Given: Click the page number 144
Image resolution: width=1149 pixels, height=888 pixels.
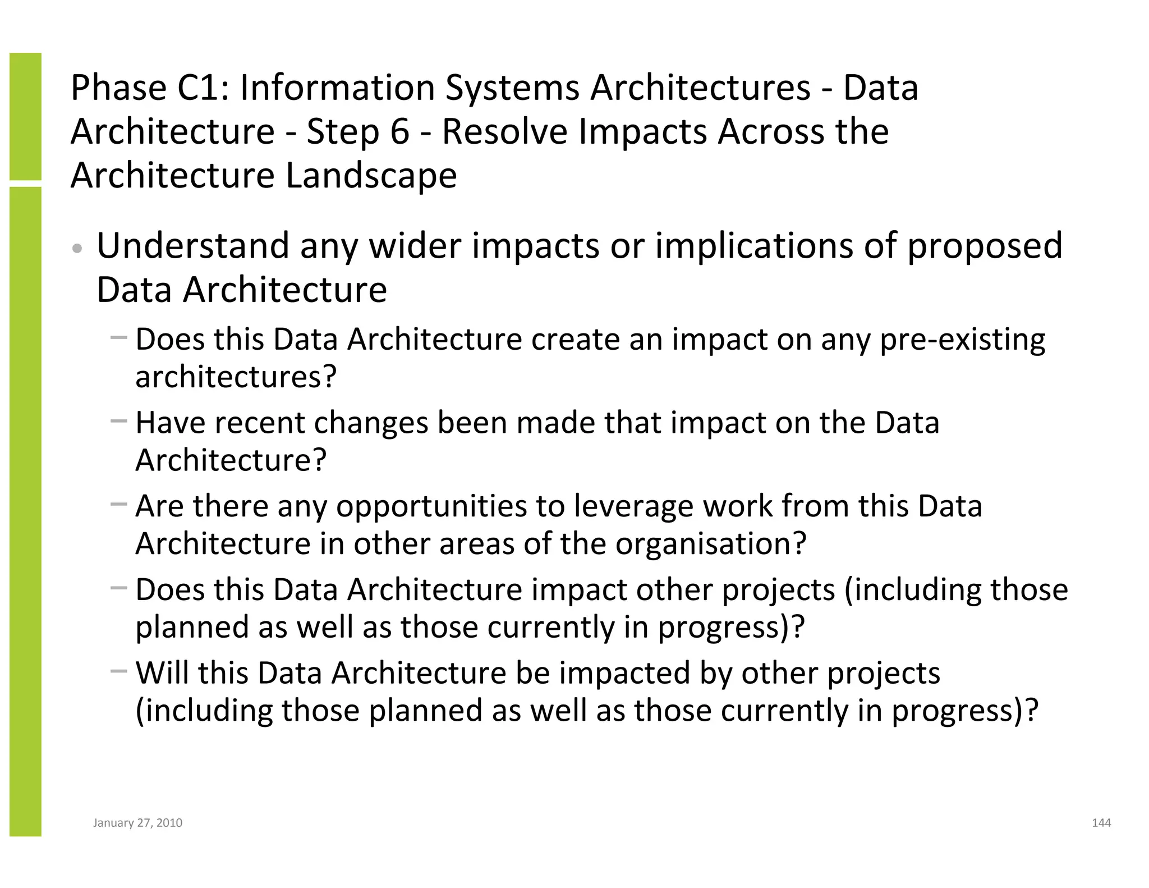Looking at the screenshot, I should pos(1101,823).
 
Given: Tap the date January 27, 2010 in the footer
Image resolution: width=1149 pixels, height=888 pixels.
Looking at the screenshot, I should pos(137,823).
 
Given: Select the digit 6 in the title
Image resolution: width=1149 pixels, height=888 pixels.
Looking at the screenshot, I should pos(399,132).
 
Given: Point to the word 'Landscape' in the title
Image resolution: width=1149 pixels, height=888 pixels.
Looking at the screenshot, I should pos(371,176).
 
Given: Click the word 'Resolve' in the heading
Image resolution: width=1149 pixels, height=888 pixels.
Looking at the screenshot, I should pos(504,132).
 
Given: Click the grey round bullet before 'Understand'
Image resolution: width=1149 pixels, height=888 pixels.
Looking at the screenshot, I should pos(78,248).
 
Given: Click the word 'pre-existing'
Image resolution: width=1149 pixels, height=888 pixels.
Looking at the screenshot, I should pos(962,340).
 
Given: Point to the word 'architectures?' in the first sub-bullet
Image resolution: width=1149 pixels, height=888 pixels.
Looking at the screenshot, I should pos(236,377).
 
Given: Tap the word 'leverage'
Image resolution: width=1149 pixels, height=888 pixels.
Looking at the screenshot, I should pos(633,506).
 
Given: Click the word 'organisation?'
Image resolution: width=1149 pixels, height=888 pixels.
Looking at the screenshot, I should pos(710,544).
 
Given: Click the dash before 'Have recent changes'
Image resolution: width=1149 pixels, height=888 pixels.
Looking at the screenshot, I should pos(119,420).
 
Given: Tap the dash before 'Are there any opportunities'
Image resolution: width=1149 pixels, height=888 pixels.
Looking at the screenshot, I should pos(119,504).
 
